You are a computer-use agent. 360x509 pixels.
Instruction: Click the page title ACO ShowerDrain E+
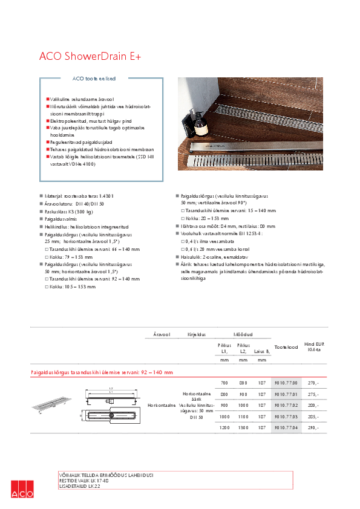pos(90,56)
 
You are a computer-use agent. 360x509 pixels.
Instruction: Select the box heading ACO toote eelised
pos(94,79)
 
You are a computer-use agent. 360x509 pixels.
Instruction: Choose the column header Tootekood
pos(286,347)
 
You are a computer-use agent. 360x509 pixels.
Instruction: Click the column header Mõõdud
pos(243,333)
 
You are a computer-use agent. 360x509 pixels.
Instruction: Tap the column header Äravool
pos(162,333)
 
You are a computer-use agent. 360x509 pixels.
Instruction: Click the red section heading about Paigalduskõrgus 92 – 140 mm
pos(102,372)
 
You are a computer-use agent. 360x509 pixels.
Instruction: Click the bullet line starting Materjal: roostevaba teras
pos(79,196)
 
